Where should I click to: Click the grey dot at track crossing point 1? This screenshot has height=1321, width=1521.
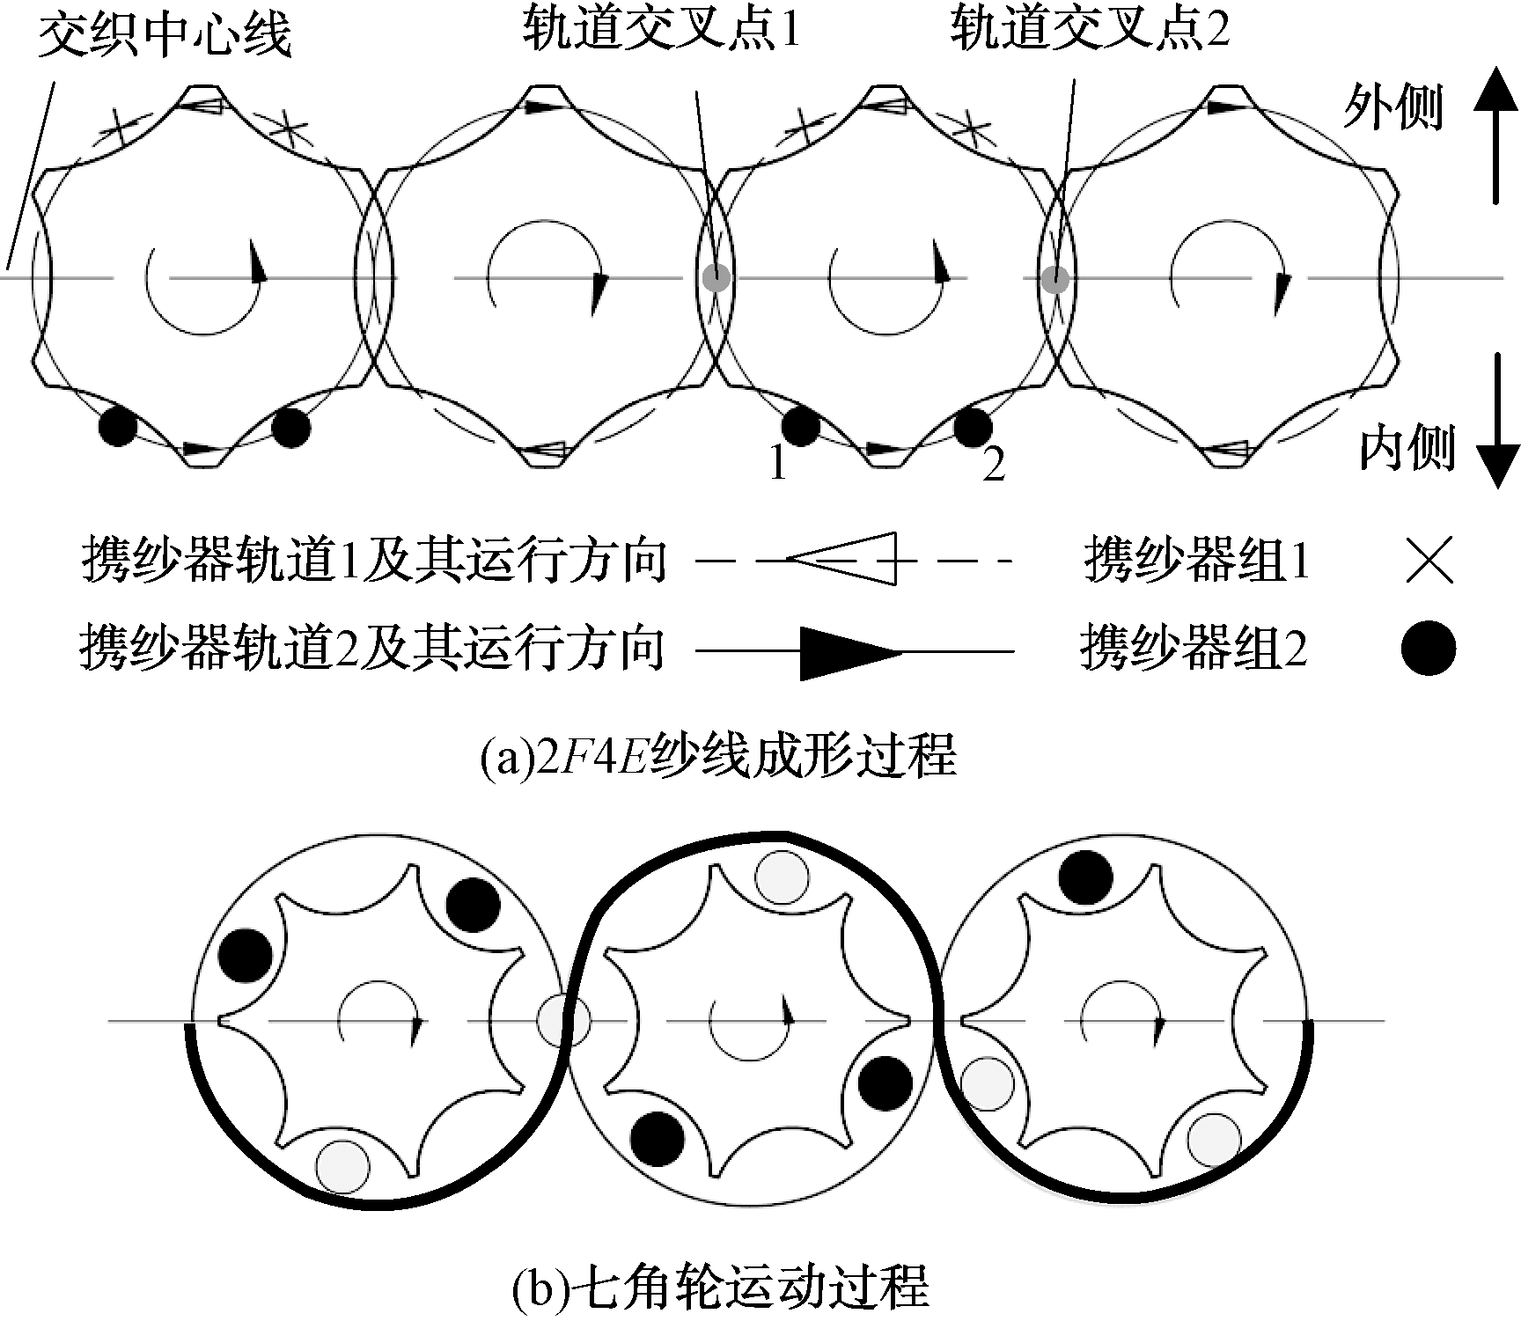pos(716,279)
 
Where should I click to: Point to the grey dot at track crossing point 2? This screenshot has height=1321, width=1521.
pos(1054,279)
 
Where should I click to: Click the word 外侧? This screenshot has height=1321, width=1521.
pos(1392,108)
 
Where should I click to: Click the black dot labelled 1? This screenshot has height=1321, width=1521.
pos(800,427)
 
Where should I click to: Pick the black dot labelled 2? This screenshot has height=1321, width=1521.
pos(974,427)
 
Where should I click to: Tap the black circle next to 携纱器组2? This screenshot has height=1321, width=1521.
pos(1428,648)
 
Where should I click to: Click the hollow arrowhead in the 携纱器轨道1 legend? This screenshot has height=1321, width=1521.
pos(841,558)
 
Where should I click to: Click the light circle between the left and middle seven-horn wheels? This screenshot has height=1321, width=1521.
pos(563,1021)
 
